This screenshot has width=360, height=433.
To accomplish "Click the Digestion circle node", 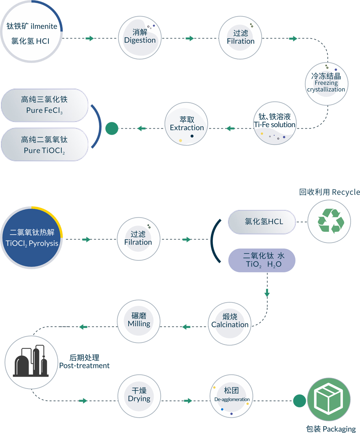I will coord(140,38).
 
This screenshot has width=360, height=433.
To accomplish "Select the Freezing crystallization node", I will coord(326,83).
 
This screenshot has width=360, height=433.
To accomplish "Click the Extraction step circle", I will coord(187,124).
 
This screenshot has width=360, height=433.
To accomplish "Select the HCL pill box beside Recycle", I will coord(262,222).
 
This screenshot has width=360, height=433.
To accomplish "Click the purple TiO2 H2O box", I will coord(262,260).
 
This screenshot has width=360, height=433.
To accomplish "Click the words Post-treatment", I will coord(84,366).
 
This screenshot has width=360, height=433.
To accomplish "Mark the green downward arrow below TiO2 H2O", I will coord(267,292).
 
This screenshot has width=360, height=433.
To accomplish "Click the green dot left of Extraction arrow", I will coord(112,128).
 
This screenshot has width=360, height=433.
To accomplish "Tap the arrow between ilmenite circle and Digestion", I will coord(90,38).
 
